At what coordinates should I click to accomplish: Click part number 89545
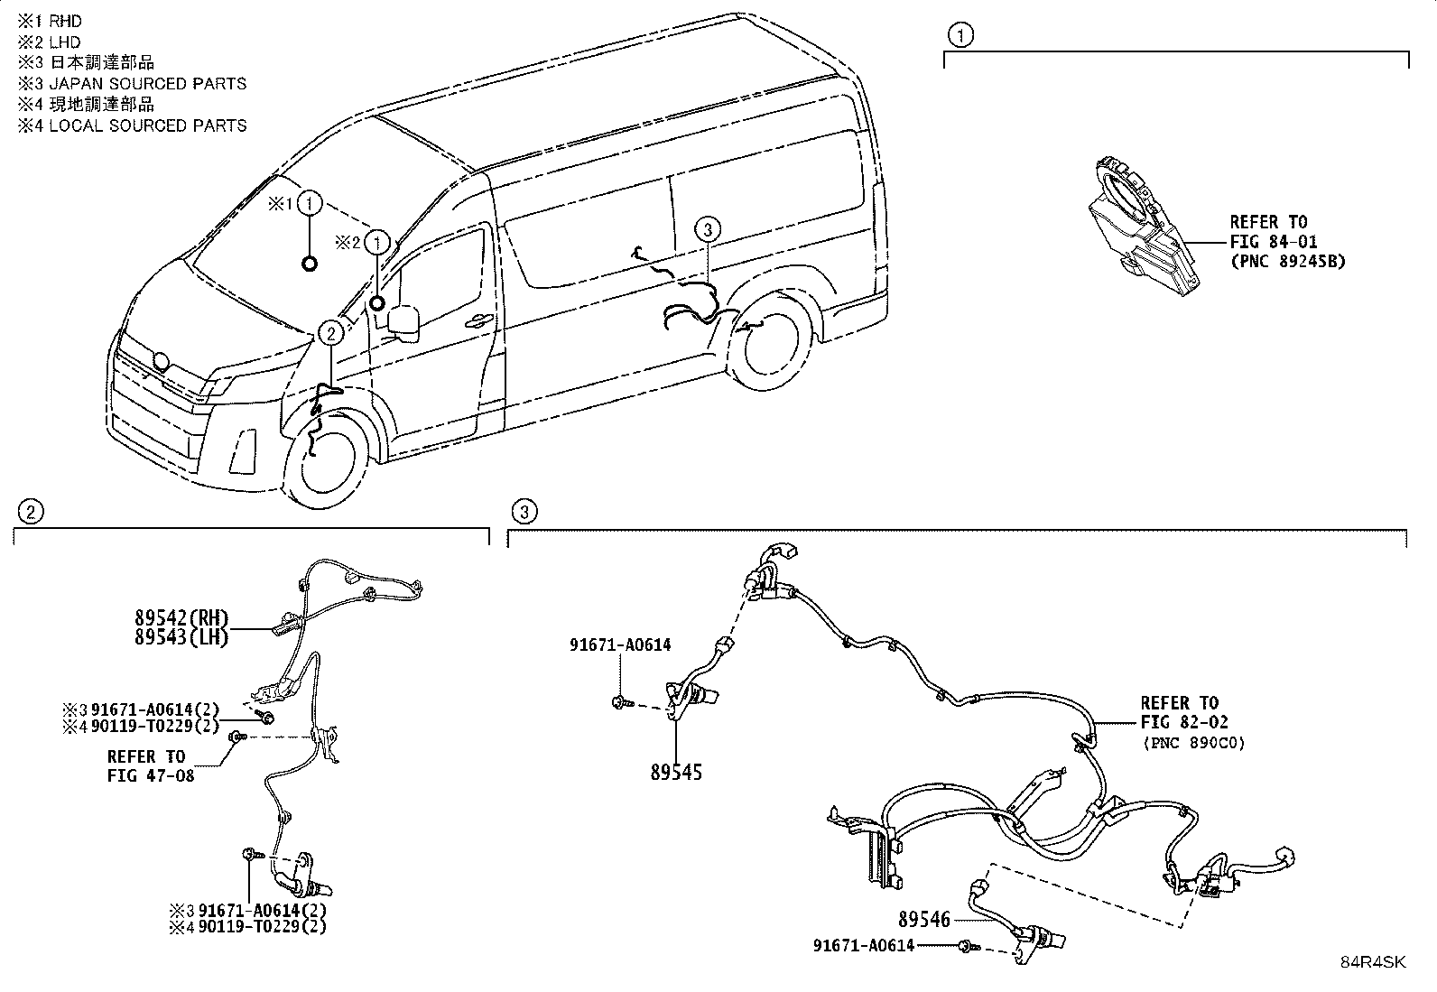click(676, 772)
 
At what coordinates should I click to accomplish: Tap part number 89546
click(923, 920)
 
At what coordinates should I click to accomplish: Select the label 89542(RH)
click(181, 617)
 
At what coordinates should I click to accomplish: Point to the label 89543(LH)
click(181, 637)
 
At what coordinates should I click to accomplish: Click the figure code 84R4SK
click(1373, 962)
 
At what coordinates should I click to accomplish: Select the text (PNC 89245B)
click(1288, 261)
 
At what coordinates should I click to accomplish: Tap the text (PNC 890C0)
click(1194, 742)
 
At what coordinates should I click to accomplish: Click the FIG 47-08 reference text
click(151, 775)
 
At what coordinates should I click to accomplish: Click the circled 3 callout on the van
click(708, 229)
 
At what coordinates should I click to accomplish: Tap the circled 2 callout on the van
click(331, 333)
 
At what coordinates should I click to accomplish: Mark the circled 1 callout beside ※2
click(377, 243)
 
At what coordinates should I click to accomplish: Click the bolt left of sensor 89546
click(970, 946)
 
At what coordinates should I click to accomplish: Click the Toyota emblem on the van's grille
click(161, 362)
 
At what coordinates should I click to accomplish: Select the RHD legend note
click(50, 21)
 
